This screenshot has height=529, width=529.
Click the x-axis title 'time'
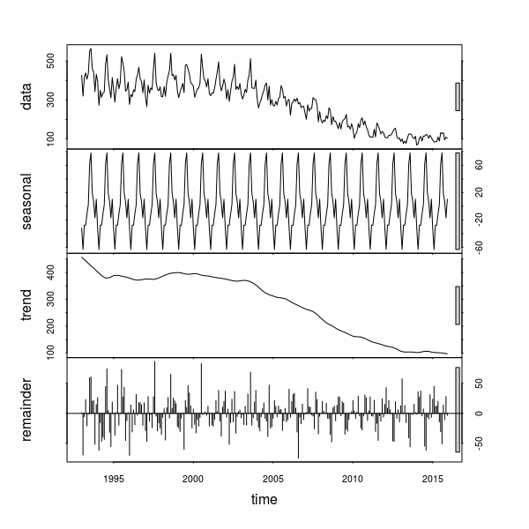point(264,500)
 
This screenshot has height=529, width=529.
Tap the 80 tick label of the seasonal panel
point(477,164)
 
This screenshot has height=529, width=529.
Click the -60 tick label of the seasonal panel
point(477,245)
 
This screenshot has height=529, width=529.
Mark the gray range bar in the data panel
point(458,96)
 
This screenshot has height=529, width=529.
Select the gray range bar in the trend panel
point(458,305)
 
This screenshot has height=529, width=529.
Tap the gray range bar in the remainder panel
point(458,409)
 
